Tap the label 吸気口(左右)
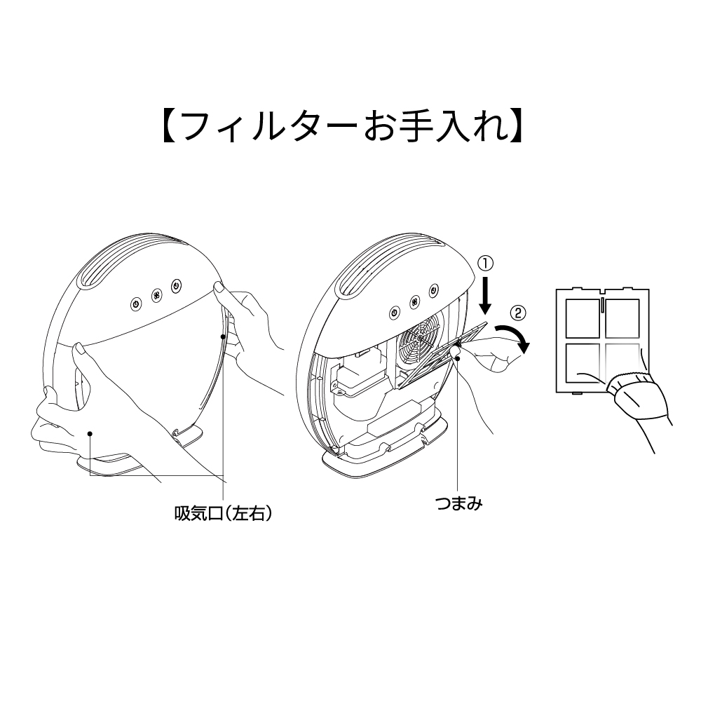pyautogui.click(x=222, y=513)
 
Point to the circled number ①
pyautogui.click(x=485, y=263)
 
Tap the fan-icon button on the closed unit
pyautogui.click(x=155, y=294)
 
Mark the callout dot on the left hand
pyautogui.click(x=90, y=435)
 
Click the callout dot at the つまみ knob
pyautogui.click(x=456, y=359)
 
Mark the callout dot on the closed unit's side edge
pyautogui.click(x=224, y=337)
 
